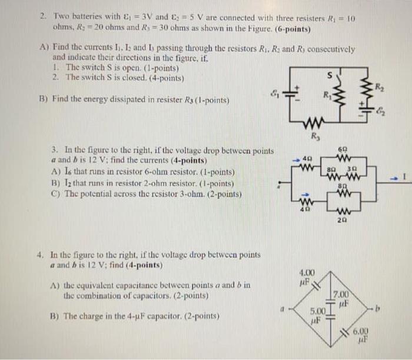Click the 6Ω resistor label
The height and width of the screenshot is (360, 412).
coord(343,150)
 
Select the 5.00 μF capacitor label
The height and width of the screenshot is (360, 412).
coord(317,314)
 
